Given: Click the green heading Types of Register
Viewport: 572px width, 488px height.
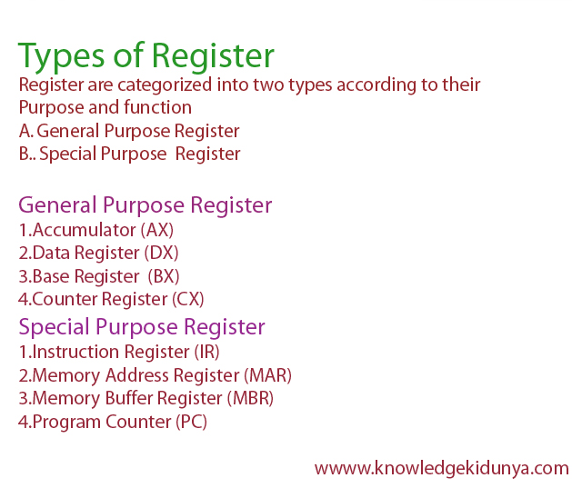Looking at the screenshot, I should pos(146,56).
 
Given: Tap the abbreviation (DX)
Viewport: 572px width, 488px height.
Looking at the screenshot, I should pos(164,253).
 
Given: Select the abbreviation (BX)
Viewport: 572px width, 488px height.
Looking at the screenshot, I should pos(165,276).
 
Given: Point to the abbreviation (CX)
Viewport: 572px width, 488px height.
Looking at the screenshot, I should pos(188,299).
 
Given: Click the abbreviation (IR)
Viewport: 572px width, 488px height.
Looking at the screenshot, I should pos(205,352).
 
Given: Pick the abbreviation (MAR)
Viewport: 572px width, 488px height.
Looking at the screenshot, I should pos(268,375).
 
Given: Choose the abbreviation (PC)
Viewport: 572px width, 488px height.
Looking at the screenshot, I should pos(188,423).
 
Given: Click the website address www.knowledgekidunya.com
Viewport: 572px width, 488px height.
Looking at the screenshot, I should pos(442,469).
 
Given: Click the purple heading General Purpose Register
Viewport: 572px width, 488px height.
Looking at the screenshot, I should pos(146,204).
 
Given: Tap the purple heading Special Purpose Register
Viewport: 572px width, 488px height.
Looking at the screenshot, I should pos(142,327).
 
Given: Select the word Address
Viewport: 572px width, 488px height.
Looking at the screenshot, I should pos(147,375).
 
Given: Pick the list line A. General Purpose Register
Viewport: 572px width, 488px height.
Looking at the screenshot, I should pos(128,131).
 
